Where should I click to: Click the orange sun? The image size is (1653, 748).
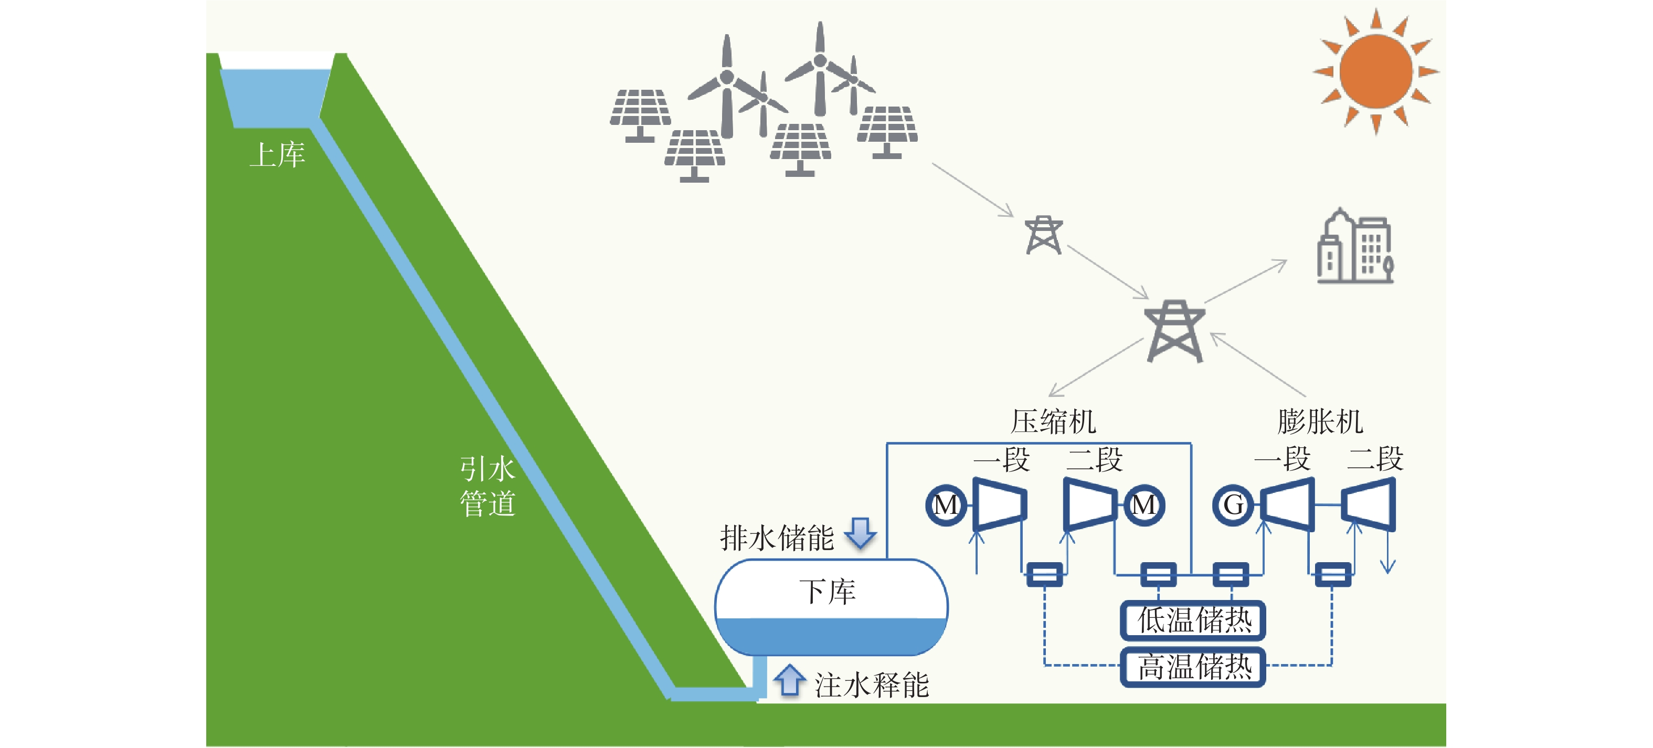point(1376,71)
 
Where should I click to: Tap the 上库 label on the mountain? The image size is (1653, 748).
point(277,155)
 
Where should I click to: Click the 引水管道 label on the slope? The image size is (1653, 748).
point(488,486)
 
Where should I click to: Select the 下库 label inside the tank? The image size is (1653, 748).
point(827,592)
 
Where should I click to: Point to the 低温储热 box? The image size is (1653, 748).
point(1193,620)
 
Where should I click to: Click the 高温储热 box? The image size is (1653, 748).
point(1193,667)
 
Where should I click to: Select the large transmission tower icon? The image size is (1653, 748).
point(1174,331)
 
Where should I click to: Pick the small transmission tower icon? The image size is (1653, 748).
point(1043,235)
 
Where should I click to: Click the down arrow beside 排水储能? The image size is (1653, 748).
point(861,533)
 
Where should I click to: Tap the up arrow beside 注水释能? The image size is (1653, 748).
point(789,680)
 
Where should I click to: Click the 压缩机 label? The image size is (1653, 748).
point(1053,422)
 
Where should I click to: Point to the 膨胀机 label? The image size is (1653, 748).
point(1320,422)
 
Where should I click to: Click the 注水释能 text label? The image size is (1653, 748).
point(872,685)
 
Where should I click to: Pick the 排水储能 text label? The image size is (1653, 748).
point(777,538)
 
